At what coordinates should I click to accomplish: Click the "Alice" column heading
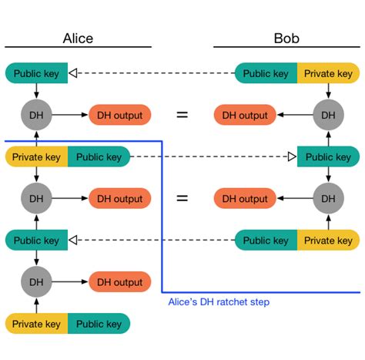coord(78,39)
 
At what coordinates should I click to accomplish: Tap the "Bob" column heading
coord(287,39)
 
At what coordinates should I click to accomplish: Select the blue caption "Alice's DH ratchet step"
coord(219,301)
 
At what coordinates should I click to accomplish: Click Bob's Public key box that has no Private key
coord(329,157)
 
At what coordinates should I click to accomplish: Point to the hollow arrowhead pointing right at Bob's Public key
coord(292,157)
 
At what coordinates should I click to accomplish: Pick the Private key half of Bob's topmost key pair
coord(329,74)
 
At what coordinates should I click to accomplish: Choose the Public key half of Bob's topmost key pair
coord(266,74)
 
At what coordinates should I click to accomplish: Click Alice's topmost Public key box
coord(35,74)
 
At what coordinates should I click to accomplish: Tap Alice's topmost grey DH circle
coord(35,116)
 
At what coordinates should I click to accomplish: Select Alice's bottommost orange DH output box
coord(120,282)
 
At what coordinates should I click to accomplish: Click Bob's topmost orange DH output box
coord(245,116)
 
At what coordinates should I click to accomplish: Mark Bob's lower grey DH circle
coord(329,199)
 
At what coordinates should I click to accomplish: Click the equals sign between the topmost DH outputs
coord(182,116)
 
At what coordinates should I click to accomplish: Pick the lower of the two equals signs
coord(182,199)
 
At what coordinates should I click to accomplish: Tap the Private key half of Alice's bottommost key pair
coord(36,324)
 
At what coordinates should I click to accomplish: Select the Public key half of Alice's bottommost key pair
coord(99,324)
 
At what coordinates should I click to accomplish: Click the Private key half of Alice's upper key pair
coord(36,157)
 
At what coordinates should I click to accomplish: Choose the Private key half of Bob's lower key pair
coord(329,241)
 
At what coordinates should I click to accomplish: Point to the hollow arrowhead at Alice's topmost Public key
coord(73,74)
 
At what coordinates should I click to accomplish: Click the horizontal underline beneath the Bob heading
coord(287,48)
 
